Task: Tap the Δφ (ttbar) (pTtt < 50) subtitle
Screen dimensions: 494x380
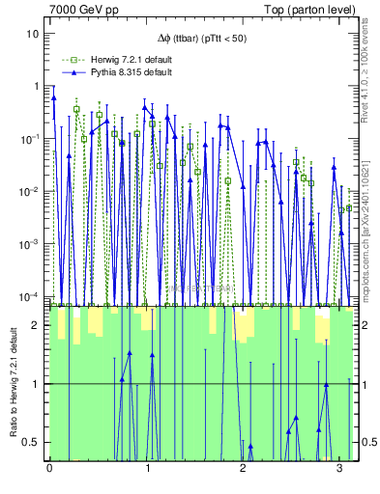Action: tap(202, 40)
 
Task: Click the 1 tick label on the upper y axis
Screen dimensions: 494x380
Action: tap(36, 86)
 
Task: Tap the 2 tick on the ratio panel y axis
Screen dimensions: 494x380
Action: tap(37, 325)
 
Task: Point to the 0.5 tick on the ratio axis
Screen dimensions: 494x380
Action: tap(33, 442)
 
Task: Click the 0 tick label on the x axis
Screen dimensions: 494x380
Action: tap(49, 468)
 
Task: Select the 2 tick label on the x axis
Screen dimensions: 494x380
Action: tap(243, 468)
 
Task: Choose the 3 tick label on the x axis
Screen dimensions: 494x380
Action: tap(339, 468)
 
